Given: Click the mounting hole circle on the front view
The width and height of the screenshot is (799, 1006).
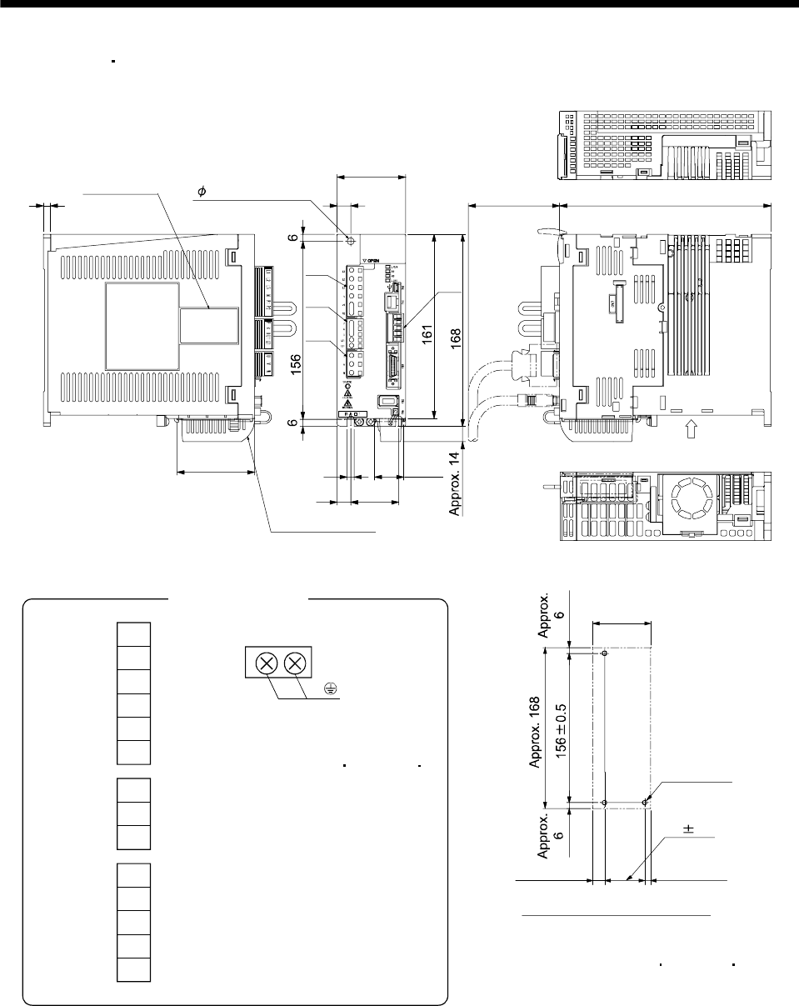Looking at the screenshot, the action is [x=351, y=241].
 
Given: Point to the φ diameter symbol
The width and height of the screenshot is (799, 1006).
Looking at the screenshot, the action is [x=201, y=192].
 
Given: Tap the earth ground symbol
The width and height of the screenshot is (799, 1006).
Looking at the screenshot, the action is [x=331, y=688].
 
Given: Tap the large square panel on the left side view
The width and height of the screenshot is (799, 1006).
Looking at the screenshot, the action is [x=142, y=325].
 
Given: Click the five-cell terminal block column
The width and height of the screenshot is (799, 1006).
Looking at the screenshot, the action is [x=133, y=923].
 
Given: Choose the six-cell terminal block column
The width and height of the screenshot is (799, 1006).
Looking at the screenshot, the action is [x=133, y=693].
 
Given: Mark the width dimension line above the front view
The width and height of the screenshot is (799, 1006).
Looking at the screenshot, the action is [x=372, y=177].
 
